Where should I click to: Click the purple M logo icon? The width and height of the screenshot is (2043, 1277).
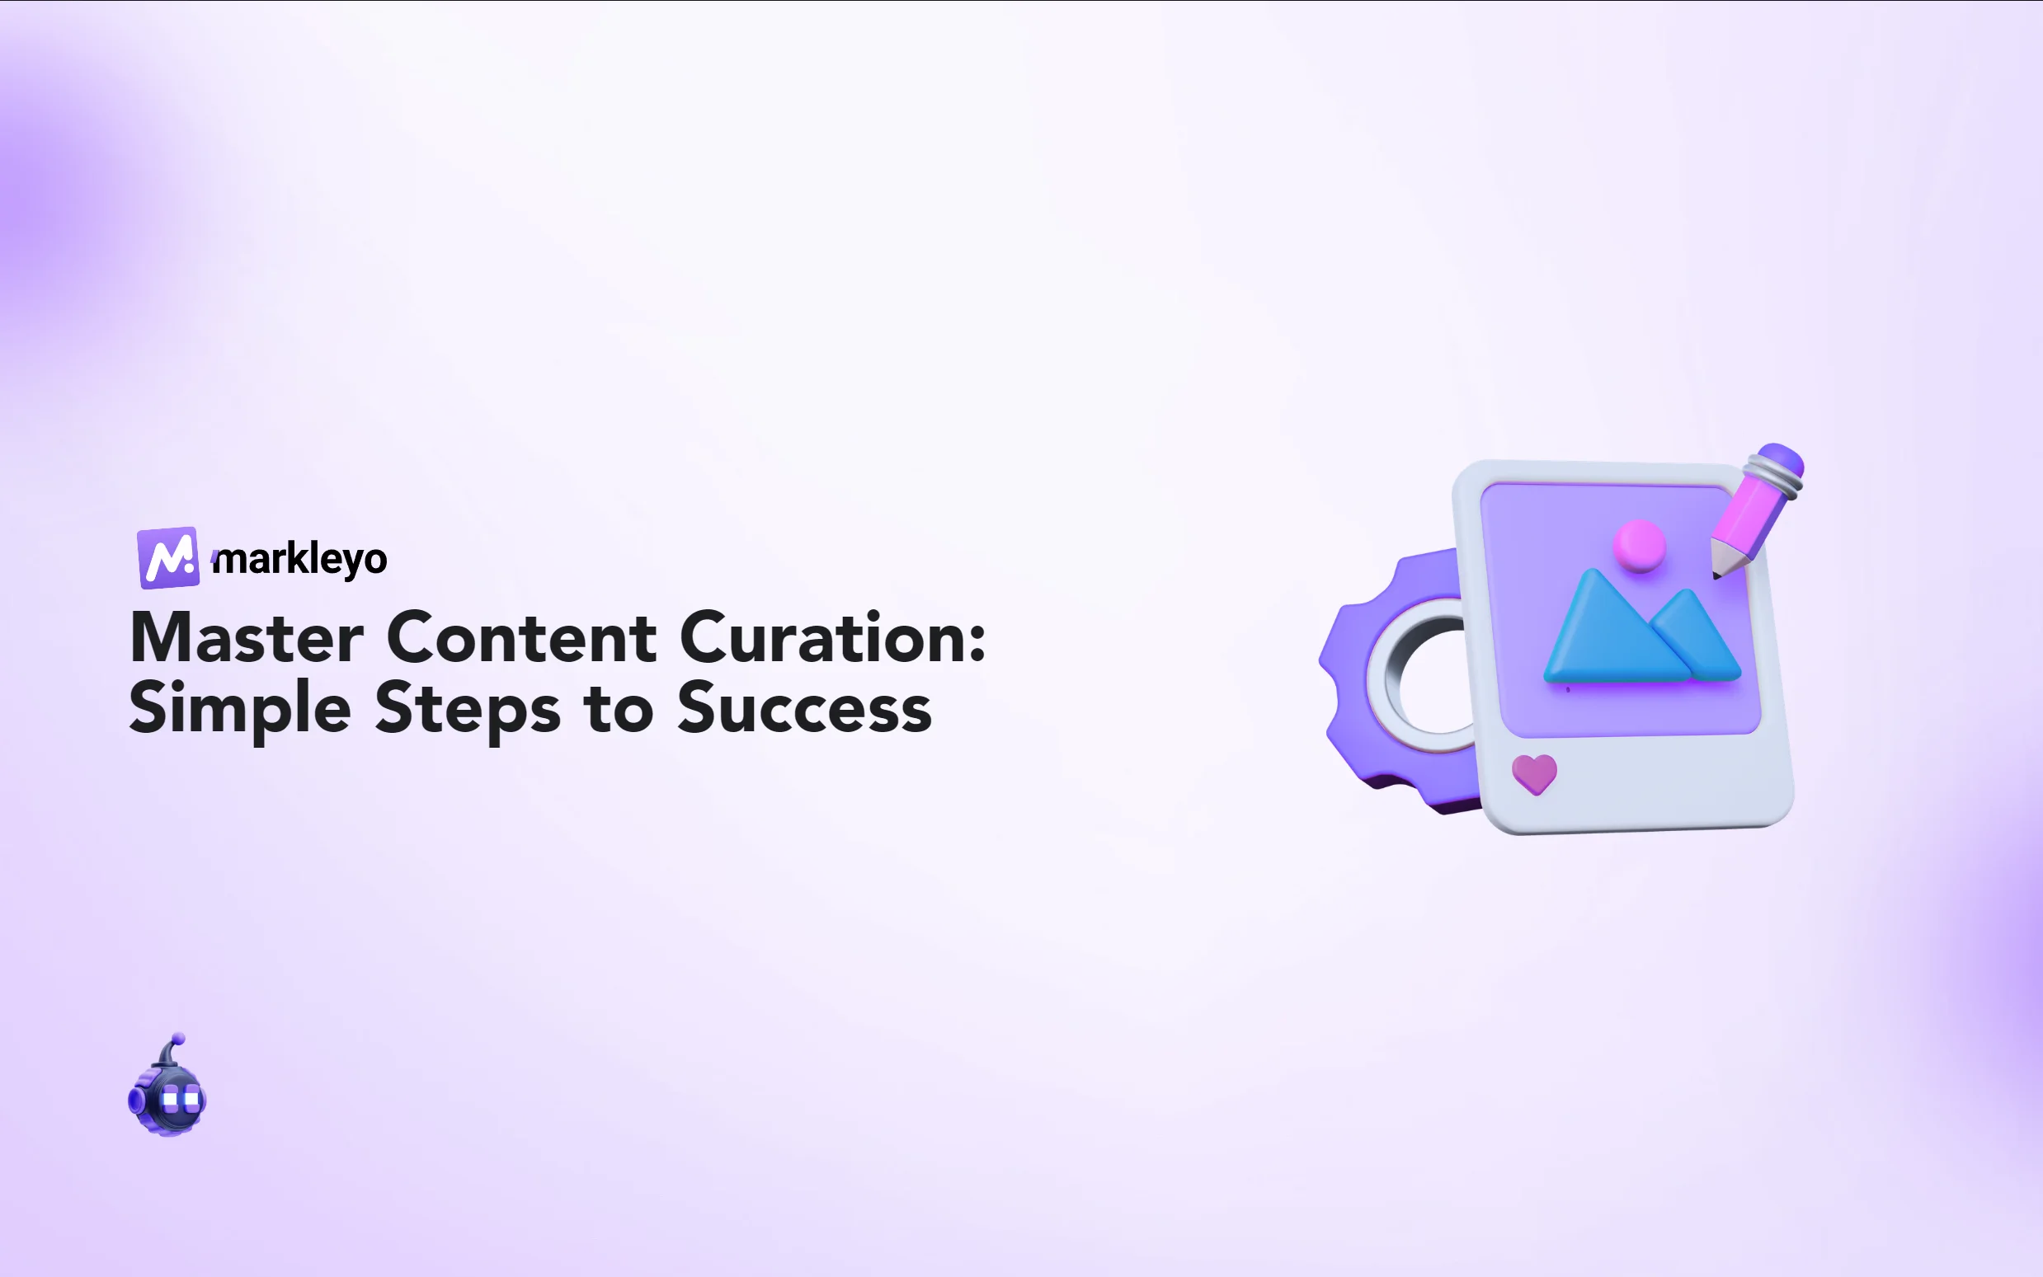tap(168, 557)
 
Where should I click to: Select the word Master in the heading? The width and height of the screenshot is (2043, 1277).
tap(247, 638)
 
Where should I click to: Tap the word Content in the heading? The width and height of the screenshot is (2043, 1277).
tap(521, 638)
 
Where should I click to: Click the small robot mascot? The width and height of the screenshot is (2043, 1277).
tap(167, 1094)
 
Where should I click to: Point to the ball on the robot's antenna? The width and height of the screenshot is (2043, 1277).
tap(178, 1038)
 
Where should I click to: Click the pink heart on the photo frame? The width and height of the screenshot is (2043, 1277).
tap(1533, 772)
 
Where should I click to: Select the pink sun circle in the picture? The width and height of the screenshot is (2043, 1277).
tap(1639, 545)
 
